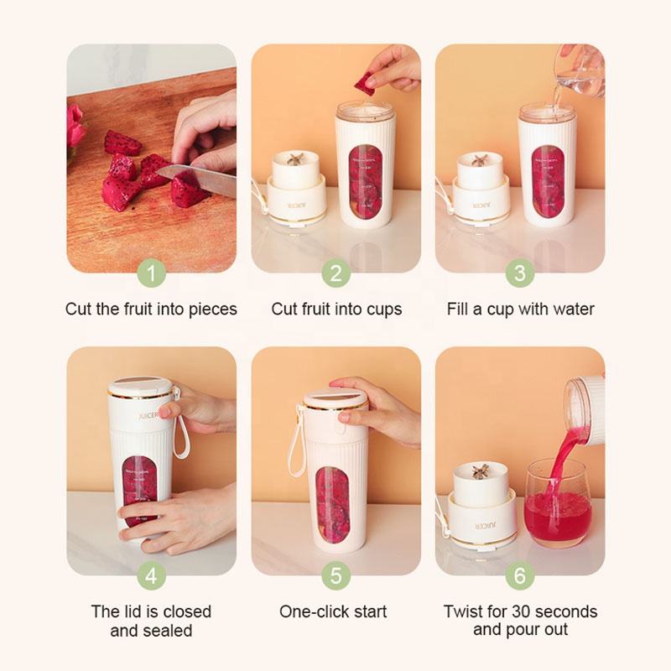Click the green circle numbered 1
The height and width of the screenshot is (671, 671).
(x=151, y=273)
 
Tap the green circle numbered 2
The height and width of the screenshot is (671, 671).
(x=335, y=273)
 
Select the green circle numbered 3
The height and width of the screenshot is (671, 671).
(x=519, y=273)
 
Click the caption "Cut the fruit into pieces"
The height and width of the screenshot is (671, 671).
(x=151, y=309)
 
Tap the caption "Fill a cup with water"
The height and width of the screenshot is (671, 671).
(x=520, y=309)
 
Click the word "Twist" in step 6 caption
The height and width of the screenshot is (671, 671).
(x=463, y=611)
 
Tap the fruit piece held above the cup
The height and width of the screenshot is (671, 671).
(x=365, y=84)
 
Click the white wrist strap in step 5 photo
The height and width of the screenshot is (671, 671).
(x=295, y=440)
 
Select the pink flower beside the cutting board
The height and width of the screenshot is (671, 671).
(x=75, y=126)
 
